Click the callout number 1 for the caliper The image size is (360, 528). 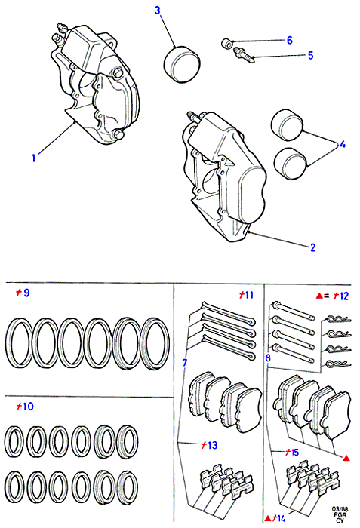pos(33,158)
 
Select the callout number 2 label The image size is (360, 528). pos(312,247)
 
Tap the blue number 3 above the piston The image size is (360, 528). pos(158,11)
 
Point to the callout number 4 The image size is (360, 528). pos(343,145)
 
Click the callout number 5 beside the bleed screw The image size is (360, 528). pos(310,55)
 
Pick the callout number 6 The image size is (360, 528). pos(290,41)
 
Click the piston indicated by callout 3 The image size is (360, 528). pos(182,64)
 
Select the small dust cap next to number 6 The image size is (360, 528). pos(227,44)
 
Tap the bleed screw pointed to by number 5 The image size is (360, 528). pos(243,54)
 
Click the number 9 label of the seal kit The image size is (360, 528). pos(26,293)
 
